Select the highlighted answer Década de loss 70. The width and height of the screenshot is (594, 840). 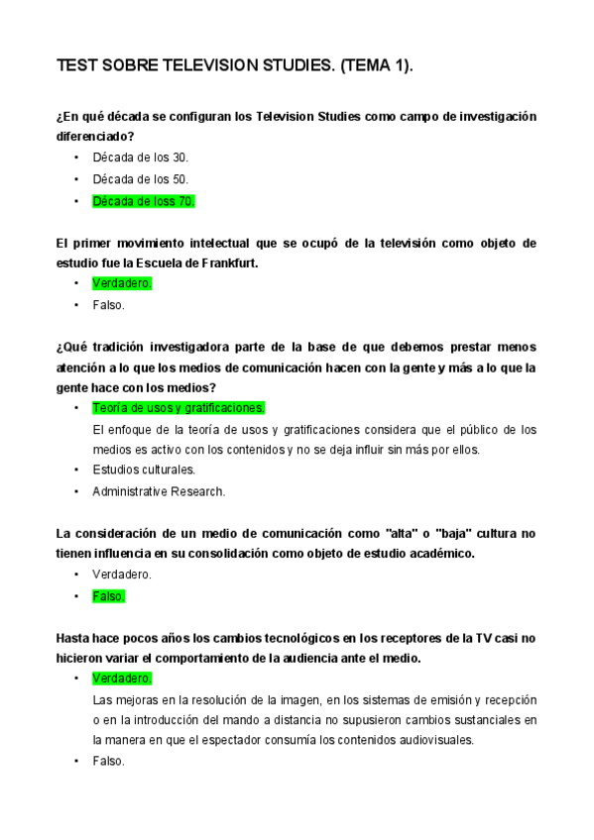pyautogui.click(x=143, y=201)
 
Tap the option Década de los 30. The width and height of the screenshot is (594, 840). pyautogui.click(x=140, y=157)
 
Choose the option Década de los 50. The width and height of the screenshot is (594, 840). pyautogui.click(x=140, y=179)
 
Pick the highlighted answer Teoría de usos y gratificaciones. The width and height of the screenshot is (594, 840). pyautogui.click(x=178, y=408)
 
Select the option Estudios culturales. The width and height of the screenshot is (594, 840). pyautogui.click(x=143, y=470)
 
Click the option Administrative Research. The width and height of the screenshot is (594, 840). pyautogui.click(x=159, y=491)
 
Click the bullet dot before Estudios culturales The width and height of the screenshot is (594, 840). pyautogui.click(x=76, y=470)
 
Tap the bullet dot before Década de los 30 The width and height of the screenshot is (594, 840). pyautogui.click(x=76, y=157)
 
